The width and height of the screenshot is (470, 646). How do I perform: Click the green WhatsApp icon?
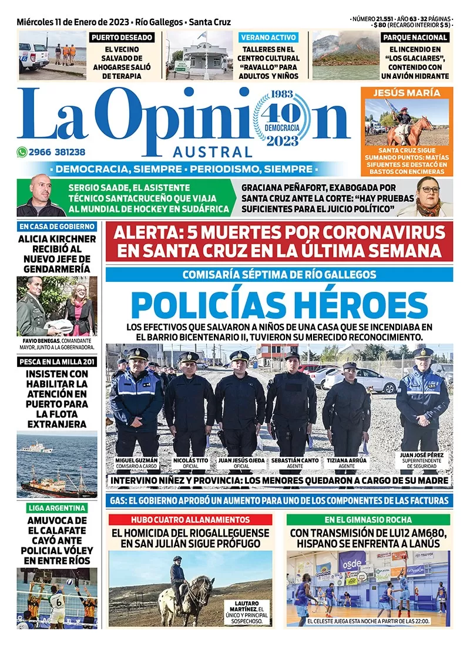22,152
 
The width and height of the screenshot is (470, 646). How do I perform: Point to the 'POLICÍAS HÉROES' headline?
280,305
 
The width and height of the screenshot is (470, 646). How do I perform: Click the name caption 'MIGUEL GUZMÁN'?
137,460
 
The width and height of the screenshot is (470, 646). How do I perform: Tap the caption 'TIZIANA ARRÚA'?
347,460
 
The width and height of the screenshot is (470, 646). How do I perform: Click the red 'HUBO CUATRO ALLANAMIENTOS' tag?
190,520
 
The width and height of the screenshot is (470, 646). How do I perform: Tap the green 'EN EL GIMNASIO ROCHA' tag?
368,520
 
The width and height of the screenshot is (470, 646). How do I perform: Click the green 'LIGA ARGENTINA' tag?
56,508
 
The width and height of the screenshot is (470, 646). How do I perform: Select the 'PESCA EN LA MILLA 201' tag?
56,362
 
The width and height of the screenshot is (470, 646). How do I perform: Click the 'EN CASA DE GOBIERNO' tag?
56,226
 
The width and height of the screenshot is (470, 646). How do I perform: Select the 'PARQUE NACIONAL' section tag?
415,38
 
